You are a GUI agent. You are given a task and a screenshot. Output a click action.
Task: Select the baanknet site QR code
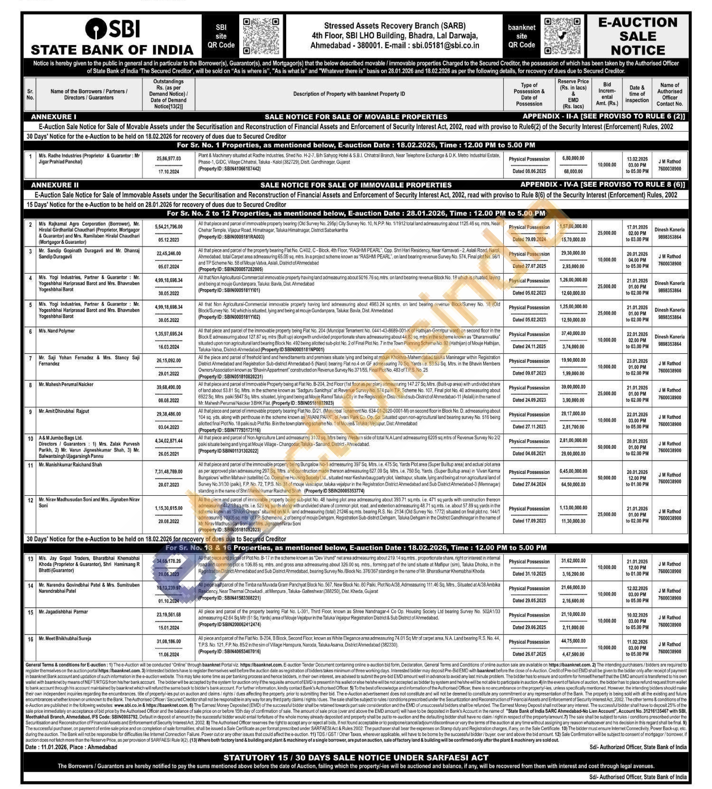coord(562,36)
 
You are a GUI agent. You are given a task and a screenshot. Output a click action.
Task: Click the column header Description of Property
coord(349,94)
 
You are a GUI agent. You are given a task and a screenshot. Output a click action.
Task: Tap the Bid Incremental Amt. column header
coord(607,94)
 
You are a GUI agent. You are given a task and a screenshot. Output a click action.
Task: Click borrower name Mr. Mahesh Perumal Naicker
coord(66,385)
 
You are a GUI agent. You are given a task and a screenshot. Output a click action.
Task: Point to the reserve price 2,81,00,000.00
coord(573,440)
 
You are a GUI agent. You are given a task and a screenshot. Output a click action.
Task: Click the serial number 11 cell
coord(30,465)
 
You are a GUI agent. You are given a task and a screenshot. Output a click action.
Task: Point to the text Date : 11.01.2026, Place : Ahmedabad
coord(71,747)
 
